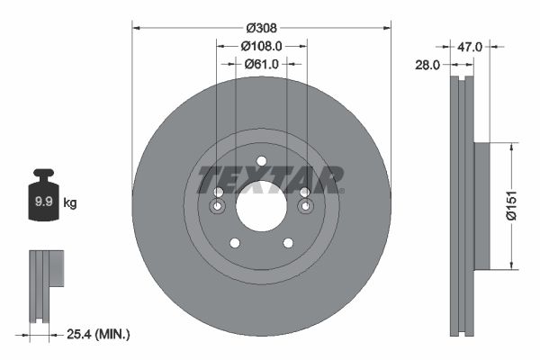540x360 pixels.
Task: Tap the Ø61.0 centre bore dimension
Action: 262,64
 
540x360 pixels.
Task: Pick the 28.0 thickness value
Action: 427,65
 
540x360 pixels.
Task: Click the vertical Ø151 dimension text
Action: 509,205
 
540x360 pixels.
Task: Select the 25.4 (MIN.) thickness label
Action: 98,334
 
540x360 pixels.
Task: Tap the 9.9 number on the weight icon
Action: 41,202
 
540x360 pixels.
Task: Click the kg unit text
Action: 69,202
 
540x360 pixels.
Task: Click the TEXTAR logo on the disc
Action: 270,178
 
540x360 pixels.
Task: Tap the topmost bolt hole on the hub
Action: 261,162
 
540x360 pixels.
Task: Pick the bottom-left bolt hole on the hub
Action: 235,243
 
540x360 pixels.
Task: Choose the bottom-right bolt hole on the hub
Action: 288,243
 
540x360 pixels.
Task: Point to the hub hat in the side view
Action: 481,205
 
